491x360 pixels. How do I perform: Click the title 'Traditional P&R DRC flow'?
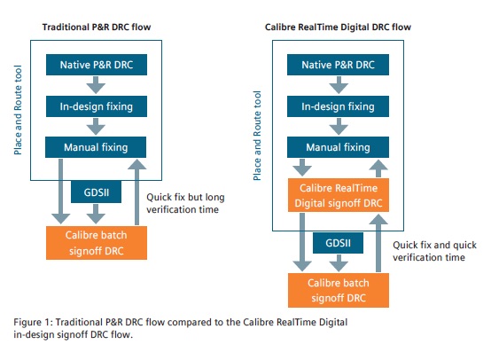point(97,27)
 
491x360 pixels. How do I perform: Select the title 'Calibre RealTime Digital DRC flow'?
point(338,27)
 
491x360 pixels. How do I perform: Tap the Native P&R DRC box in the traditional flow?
point(97,65)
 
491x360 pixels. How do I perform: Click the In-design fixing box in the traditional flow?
point(97,106)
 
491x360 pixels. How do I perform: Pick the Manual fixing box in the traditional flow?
point(96,147)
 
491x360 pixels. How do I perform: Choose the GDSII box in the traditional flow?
point(96,192)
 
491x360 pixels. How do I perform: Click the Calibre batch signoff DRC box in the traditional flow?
point(97,243)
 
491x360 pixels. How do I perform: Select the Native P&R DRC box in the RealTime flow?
point(339,65)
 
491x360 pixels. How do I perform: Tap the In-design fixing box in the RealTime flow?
point(339,106)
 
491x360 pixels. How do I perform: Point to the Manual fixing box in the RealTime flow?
point(339,147)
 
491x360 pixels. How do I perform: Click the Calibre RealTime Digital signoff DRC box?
point(339,195)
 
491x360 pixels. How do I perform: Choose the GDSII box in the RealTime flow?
point(339,243)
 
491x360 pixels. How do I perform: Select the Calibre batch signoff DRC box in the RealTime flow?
point(339,290)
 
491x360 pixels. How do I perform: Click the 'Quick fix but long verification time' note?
point(185,203)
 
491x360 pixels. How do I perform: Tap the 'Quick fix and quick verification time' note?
point(434,251)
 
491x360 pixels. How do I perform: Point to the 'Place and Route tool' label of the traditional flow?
point(18,110)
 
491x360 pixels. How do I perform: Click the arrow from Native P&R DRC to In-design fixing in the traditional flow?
point(96,84)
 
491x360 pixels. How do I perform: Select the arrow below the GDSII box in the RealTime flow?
point(339,262)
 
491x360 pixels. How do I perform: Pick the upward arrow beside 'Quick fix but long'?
point(136,192)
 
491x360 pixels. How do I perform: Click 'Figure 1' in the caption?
point(32,322)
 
